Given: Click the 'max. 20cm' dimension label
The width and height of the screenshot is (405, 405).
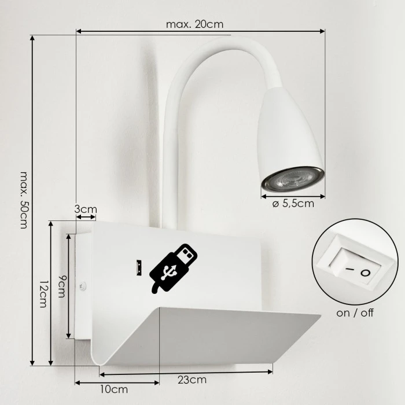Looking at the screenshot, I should click(x=194, y=24).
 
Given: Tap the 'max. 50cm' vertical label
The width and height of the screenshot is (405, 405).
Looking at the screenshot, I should click(x=24, y=200).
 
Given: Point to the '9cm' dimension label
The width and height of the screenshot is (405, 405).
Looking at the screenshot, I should click(x=61, y=285).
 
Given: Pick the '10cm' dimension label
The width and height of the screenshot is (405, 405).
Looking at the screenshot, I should click(x=114, y=389).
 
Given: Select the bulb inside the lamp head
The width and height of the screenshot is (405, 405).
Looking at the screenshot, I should click(x=292, y=179).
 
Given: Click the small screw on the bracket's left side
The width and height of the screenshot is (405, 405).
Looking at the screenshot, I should click(x=83, y=285).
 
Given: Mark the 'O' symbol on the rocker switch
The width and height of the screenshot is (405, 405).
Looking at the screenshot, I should click(x=365, y=273).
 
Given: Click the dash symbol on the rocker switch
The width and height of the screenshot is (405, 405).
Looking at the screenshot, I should click(x=348, y=270).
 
